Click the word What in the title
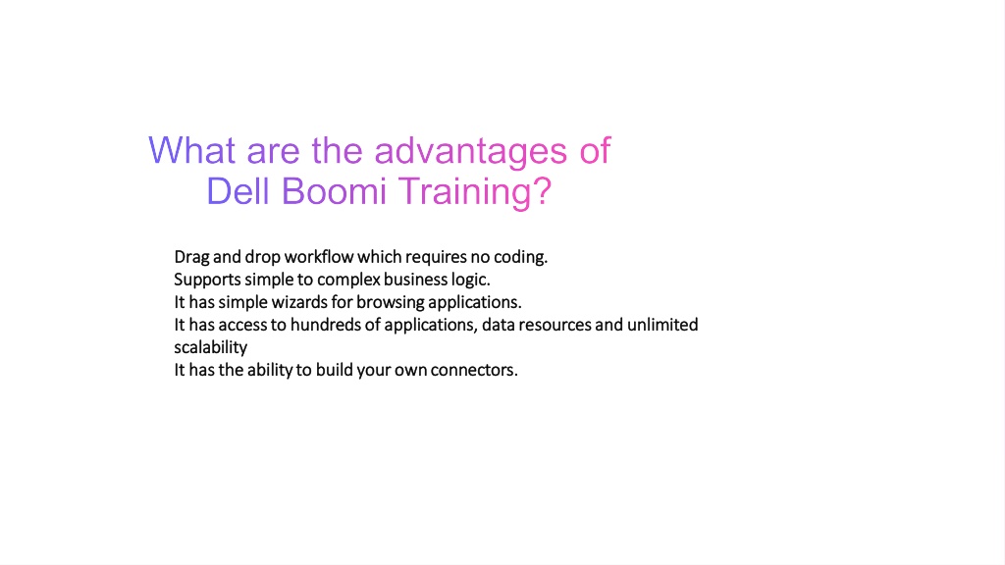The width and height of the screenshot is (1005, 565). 191,150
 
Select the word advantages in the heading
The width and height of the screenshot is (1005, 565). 470,153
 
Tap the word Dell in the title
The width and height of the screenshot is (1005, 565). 238,191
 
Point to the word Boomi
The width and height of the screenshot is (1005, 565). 334,191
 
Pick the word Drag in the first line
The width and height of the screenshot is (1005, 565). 191,258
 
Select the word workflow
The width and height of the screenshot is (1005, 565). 319,257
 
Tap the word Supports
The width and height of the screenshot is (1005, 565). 208,280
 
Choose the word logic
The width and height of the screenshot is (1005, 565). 473,280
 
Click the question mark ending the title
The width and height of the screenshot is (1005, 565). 544,191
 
